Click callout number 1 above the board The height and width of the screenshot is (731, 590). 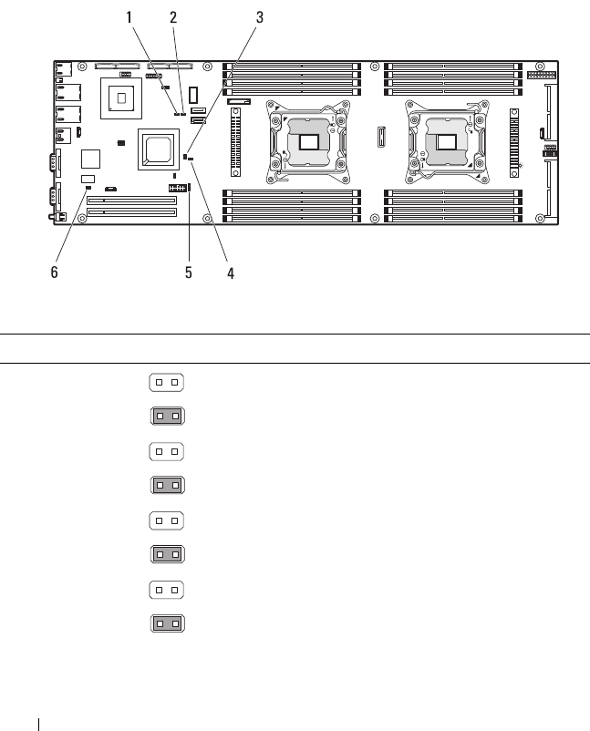point(129,17)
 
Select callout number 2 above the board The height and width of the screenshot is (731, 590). point(173,17)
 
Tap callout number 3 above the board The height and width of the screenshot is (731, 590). point(260,17)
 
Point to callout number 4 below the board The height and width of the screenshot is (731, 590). point(231,273)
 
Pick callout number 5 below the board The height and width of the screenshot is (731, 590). point(189,273)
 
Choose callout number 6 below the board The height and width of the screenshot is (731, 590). point(54,273)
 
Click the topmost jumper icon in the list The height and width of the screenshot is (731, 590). point(166,380)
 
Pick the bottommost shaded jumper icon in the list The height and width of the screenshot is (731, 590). point(166,624)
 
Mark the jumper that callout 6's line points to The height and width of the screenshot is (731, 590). point(88,190)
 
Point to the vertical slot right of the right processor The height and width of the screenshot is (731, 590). point(513,141)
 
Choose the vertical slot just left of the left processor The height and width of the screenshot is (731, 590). point(236,141)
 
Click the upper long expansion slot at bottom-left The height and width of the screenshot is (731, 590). point(132,198)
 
